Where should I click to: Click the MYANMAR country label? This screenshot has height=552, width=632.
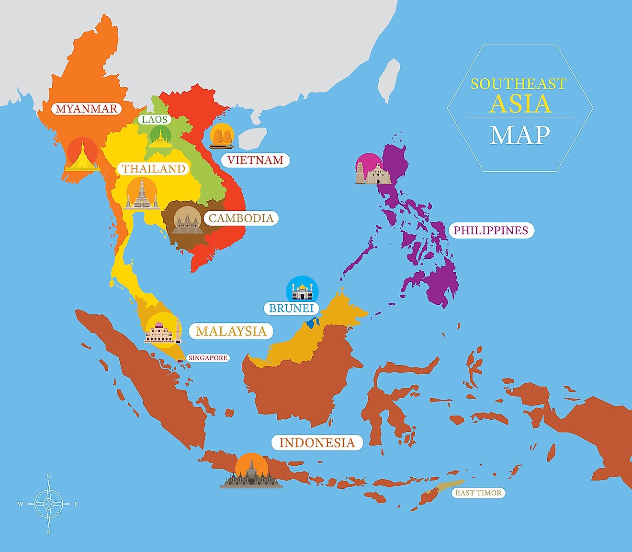tap(86, 109)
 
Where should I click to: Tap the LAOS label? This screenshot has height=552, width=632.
tap(154, 119)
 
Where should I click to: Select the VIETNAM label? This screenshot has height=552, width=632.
tap(255, 160)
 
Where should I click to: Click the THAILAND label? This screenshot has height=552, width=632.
tap(153, 169)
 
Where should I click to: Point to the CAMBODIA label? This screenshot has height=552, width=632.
tap(241, 218)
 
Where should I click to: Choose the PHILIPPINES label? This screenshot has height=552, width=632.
tap(490, 230)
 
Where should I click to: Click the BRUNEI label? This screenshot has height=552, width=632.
tap(291, 308)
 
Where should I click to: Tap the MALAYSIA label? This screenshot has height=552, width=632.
tap(231, 332)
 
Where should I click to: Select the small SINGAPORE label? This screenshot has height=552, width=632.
tap(207, 358)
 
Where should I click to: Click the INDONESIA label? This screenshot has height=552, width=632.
tap(317, 443)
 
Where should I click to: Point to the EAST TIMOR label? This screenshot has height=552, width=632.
tap(478, 493)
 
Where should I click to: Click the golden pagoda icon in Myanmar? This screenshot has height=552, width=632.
tap(83, 156)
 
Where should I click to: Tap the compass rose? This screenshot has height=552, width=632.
tap(48, 504)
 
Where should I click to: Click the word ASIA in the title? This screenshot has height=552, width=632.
tap(520, 104)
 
